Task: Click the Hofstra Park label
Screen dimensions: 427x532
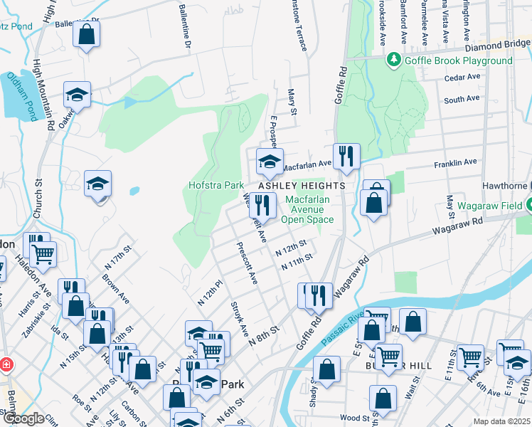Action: pyautogui.click(x=216, y=185)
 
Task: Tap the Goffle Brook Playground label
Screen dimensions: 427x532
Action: pyautogui.click(x=458, y=60)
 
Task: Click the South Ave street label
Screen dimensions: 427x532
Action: pyautogui.click(x=462, y=100)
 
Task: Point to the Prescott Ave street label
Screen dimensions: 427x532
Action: pyautogui.click(x=248, y=265)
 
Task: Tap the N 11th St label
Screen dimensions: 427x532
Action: pyautogui.click(x=297, y=264)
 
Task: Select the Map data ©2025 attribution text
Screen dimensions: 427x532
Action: pyautogui.click(x=501, y=421)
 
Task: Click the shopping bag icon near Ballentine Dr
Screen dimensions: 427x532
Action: pyautogui.click(x=86, y=34)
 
